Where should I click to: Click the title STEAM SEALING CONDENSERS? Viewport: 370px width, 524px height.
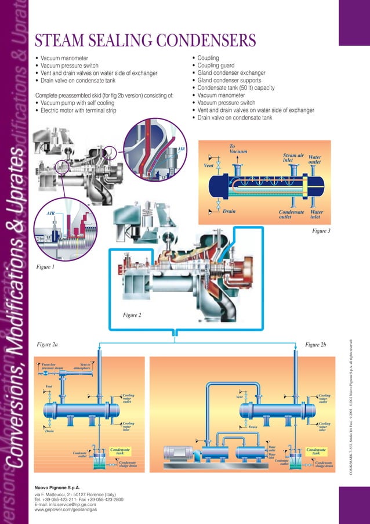coord(146,41)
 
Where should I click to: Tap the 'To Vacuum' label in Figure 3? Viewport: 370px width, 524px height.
coord(238,149)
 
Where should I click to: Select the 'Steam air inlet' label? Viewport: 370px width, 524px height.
coord(293,158)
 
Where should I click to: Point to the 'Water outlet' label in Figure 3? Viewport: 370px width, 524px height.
coord(315,160)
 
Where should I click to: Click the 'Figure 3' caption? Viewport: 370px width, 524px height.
coord(321,230)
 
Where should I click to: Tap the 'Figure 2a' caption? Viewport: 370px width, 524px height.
coord(47,345)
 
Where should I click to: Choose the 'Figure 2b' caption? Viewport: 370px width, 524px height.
coord(315,345)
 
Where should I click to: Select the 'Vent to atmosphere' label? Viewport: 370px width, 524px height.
coord(82,366)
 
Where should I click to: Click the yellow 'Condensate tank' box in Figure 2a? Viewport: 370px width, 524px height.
coord(119,451)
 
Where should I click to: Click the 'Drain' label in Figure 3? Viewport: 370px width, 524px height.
coord(229,211)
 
